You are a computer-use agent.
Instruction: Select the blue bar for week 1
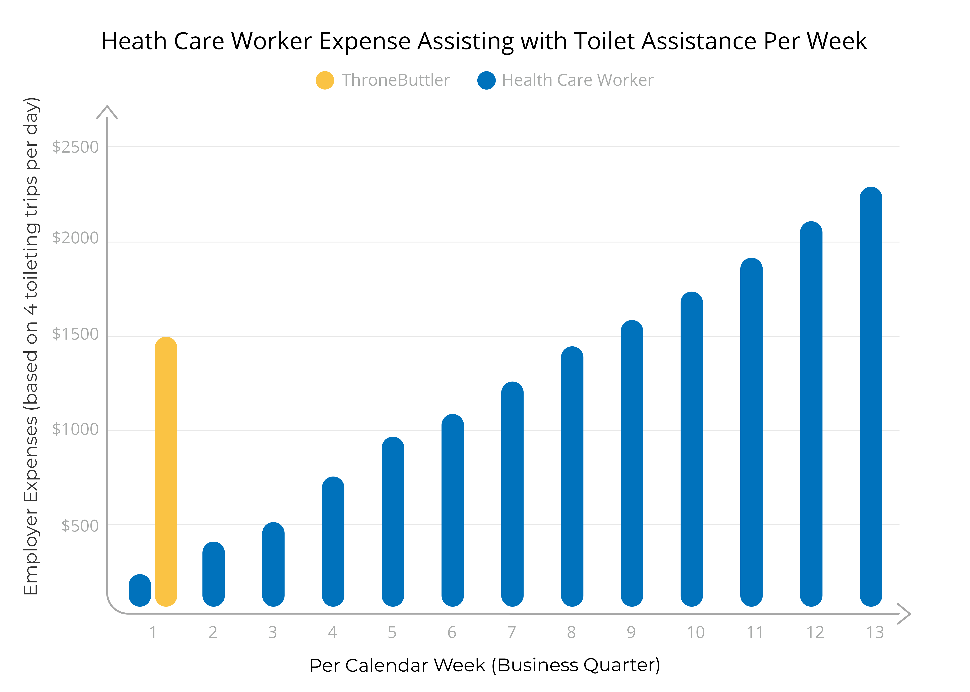pyautogui.click(x=140, y=590)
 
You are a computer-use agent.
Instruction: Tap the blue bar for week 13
pyautogui.click(x=871, y=396)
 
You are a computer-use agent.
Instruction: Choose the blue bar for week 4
pyautogui.click(x=333, y=541)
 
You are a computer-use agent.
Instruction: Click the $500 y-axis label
pyautogui.click(x=80, y=525)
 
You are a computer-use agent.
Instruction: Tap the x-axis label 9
pyautogui.click(x=631, y=632)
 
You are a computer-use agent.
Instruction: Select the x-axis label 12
pyautogui.click(x=815, y=632)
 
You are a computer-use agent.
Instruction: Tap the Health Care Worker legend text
pyautogui.click(x=577, y=80)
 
